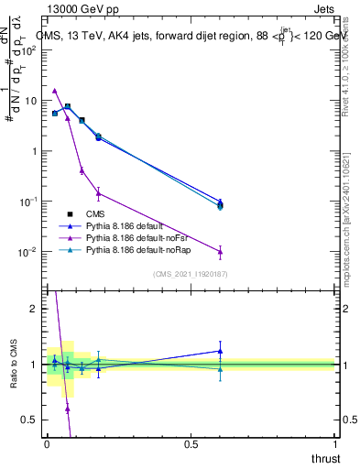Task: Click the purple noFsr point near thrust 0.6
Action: pyautogui.click(x=220, y=251)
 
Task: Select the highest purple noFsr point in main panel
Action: pyautogui.click(x=55, y=91)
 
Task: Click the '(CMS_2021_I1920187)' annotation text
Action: pyautogui.click(x=191, y=274)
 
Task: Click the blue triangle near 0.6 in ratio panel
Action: pyautogui.click(x=220, y=351)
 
